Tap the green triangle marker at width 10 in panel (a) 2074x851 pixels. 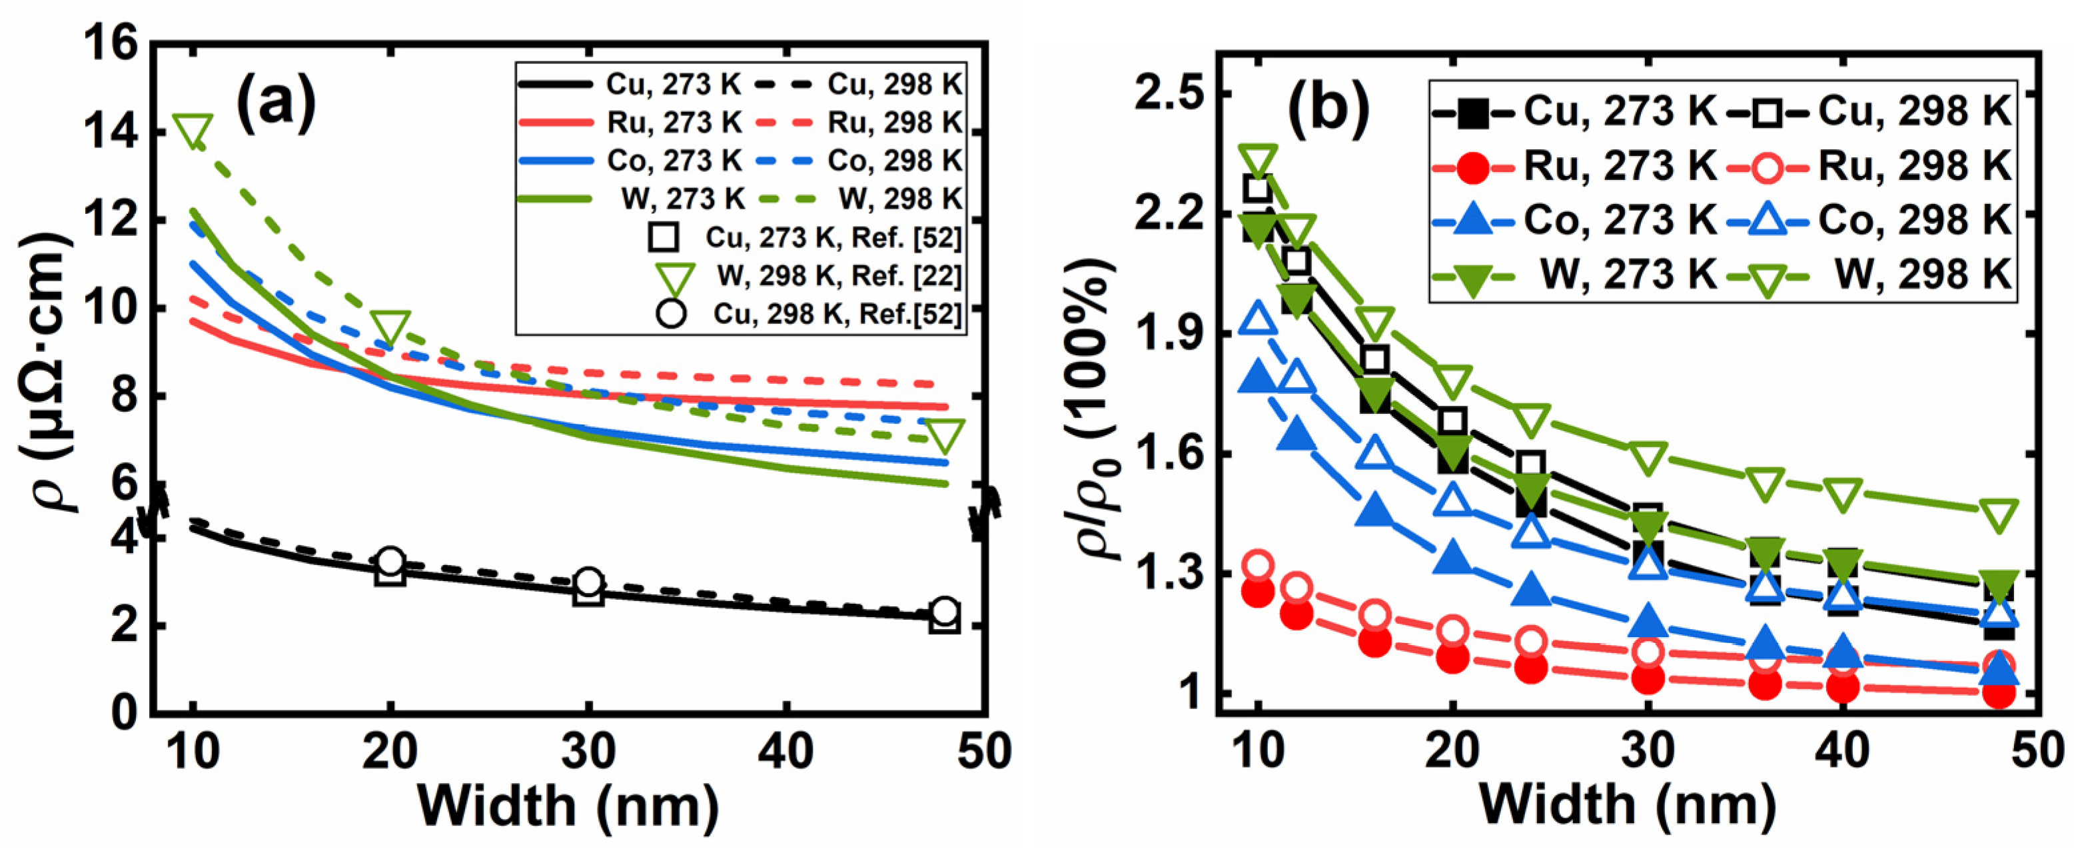[x=193, y=131]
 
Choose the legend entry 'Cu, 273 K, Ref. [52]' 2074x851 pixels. [x=833, y=237]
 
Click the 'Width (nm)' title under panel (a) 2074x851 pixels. [x=568, y=805]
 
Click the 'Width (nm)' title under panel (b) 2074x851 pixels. [x=1626, y=805]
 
